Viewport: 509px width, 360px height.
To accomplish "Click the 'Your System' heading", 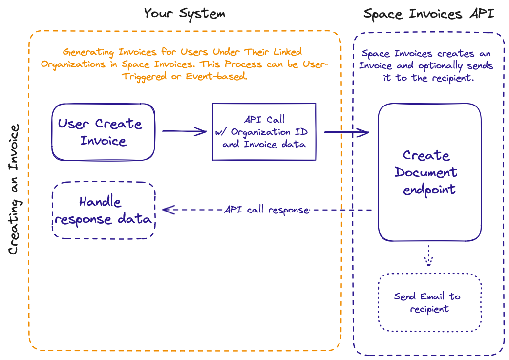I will (x=184, y=13).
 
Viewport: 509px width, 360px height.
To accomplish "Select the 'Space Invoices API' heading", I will (x=428, y=13).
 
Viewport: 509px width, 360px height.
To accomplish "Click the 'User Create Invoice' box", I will (x=103, y=132).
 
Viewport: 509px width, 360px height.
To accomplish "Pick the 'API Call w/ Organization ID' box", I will (x=264, y=131).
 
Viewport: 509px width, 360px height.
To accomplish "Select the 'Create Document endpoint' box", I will (x=429, y=172).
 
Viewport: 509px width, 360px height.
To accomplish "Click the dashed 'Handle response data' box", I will (x=103, y=211).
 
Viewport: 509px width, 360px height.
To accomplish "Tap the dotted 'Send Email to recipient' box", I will (x=429, y=302).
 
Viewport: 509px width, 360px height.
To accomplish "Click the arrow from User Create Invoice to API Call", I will (x=184, y=131).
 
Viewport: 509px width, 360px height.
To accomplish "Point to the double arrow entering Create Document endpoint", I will (x=346, y=131).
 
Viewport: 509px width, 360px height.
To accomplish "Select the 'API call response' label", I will (x=267, y=210).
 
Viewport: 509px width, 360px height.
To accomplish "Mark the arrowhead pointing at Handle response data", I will (x=167, y=210).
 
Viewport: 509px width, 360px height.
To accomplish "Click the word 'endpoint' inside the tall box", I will (x=429, y=190).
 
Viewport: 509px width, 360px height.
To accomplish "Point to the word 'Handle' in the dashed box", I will (x=100, y=202).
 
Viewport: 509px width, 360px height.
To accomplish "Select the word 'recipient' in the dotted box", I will (x=429, y=309).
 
